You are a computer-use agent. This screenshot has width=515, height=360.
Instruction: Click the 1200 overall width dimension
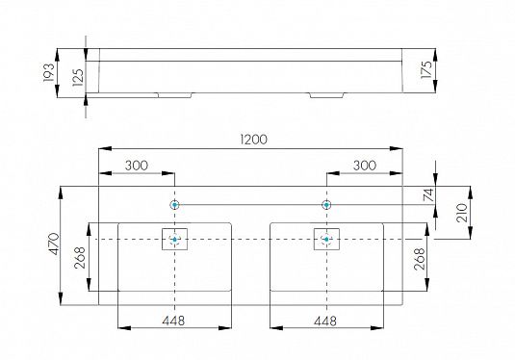[x=252, y=140]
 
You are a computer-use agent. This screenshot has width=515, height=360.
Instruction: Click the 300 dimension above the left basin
[x=137, y=166]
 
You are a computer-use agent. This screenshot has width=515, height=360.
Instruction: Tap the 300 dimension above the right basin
[x=364, y=166]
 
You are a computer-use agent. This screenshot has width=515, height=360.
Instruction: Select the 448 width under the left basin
[x=173, y=320]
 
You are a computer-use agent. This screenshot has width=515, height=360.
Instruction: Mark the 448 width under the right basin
[x=327, y=320]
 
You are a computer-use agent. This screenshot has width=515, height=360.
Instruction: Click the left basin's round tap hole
[x=174, y=205]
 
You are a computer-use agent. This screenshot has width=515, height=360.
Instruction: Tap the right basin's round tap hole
[x=326, y=205]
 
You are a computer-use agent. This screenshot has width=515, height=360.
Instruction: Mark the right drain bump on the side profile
[x=326, y=95]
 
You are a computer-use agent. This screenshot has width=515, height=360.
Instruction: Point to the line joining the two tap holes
[x=250, y=205]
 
